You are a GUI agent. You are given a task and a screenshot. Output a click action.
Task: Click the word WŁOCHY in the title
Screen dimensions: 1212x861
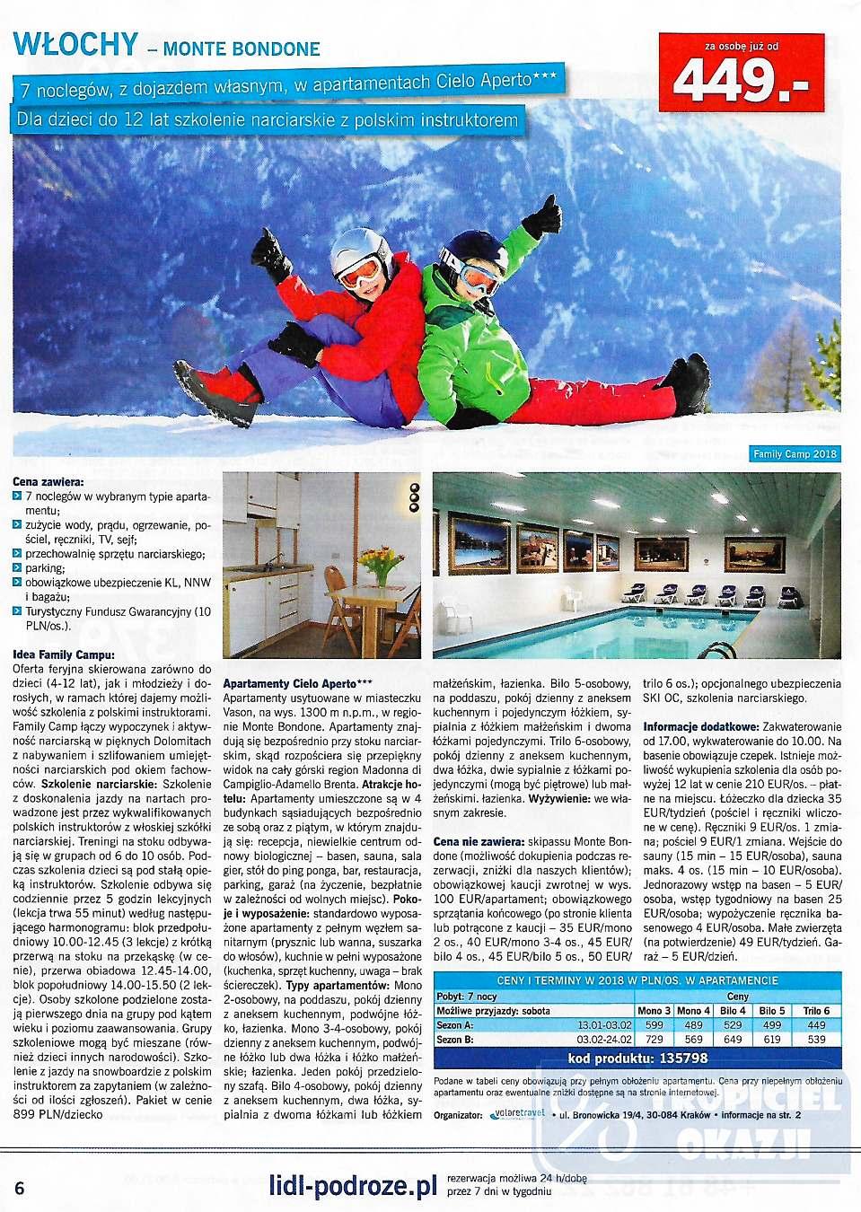[x=76, y=44]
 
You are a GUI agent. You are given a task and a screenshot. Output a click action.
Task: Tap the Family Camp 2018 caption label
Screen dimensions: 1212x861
[x=795, y=454]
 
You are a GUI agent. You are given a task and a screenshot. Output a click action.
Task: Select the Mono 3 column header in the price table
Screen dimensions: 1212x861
[x=654, y=1010]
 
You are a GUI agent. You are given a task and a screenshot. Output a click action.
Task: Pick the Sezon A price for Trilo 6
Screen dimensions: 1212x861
[x=816, y=1024]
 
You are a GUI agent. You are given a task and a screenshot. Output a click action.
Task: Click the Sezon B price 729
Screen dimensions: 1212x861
[x=654, y=1039]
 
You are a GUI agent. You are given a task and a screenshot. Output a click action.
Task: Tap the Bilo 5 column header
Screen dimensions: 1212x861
[x=772, y=1010]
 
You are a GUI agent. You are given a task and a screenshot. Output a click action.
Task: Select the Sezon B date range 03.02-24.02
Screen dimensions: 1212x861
[x=603, y=1039]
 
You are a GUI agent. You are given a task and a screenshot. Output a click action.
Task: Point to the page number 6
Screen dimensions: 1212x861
[x=20, y=1188]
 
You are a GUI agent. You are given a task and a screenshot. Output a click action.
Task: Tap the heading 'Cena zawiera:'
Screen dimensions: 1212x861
[x=48, y=482]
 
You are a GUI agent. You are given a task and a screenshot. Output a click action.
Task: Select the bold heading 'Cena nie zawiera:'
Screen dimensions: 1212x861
[x=479, y=842]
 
